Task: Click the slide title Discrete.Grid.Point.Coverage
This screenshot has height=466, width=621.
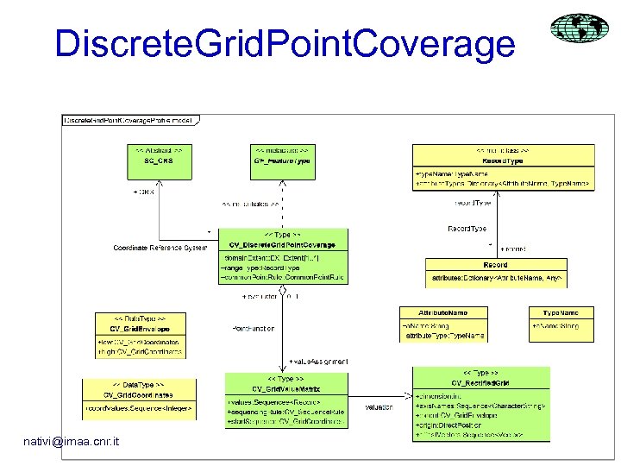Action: click(285, 43)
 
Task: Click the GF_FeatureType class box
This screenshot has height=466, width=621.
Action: click(282, 161)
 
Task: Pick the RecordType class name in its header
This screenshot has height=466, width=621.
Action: click(504, 161)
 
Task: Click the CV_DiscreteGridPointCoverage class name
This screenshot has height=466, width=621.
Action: click(283, 244)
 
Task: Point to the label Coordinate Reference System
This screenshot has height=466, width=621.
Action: click(160, 249)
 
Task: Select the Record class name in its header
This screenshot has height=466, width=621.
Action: click(495, 266)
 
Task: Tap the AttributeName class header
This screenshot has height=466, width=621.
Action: click(442, 312)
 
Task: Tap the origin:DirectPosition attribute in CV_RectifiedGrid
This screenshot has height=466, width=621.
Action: click(448, 425)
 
